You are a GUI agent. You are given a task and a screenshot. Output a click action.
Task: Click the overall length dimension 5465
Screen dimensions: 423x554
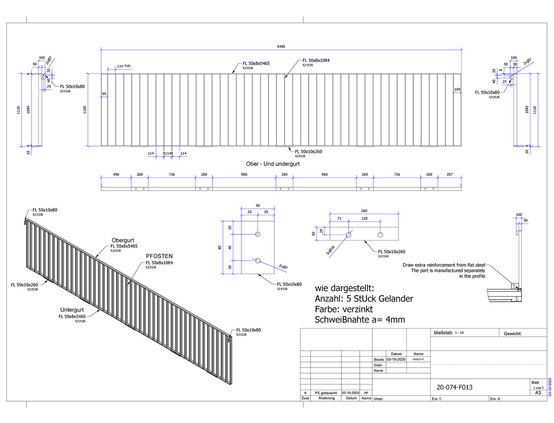pyautogui.click(x=281, y=46)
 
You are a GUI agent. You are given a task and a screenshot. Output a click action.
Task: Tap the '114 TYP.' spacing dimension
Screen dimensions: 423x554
pyautogui.click(x=124, y=66)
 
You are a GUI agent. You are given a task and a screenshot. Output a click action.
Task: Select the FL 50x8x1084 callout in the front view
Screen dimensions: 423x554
pyautogui.click(x=316, y=61)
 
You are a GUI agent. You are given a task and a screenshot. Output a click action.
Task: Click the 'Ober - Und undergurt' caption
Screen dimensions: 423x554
pyautogui.click(x=272, y=164)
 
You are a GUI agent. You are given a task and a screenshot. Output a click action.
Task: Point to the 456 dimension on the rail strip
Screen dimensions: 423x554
pyautogui.click(x=116, y=174)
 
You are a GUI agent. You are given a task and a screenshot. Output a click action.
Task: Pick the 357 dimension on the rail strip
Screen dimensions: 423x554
pyautogui.click(x=449, y=174)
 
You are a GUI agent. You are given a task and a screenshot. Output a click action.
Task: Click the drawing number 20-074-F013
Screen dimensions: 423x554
pyautogui.click(x=454, y=387)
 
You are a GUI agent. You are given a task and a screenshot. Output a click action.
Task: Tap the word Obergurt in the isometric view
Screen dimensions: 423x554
pyautogui.click(x=123, y=240)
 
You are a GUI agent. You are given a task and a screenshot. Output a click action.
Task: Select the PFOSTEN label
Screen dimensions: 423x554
pyautogui.click(x=159, y=256)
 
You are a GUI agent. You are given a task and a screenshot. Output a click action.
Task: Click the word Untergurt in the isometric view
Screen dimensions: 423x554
pyautogui.click(x=72, y=310)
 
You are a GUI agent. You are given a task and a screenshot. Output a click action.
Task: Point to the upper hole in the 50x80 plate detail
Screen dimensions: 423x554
pyautogui.click(x=258, y=234)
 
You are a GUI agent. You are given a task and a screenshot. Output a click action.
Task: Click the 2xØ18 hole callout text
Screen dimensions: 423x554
pyautogui.click(x=330, y=250)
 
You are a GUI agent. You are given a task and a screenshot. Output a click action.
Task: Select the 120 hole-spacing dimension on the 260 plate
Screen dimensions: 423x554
pyautogui.click(x=364, y=218)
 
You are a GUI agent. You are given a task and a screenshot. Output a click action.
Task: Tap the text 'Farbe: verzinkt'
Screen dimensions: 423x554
pyautogui.click(x=343, y=309)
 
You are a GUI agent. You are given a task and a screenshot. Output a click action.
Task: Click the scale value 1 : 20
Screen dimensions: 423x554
pyautogui.click(x=459, y=333)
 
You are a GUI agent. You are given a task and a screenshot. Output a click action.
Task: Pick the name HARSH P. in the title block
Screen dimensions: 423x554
pyautogui.click(x=418, y=359)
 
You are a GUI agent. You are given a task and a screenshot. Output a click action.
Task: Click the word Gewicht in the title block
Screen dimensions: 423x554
pyautogui.click(x=512, y=334)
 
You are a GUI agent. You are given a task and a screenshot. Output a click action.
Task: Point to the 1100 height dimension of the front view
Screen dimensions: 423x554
pyautogui.click(x=85, y=110)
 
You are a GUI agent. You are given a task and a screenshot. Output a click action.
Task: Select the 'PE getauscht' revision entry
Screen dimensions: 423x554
pyautogui.click(x=326, y=393)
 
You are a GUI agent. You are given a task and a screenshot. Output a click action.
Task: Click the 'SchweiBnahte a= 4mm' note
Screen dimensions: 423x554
pyautogui.click(x=359, y=320)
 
